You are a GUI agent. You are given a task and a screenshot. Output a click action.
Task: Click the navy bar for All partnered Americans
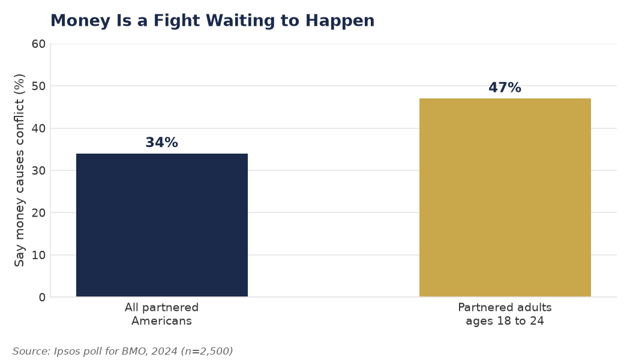click(162, 225)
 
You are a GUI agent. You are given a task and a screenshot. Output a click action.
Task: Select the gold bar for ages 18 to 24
click(505, 197)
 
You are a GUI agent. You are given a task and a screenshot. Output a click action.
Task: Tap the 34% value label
click(161, 142)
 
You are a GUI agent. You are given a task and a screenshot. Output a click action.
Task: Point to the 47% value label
click(505, 87)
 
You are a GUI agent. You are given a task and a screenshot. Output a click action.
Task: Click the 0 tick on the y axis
click(42, 298)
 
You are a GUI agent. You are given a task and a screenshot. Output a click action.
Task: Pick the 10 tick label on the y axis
click(39, 255)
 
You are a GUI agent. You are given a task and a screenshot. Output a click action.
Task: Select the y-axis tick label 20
click(39, 213)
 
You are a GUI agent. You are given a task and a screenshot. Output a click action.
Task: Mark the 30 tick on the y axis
click(39, 171)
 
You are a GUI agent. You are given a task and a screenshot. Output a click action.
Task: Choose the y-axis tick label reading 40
click(39, 128)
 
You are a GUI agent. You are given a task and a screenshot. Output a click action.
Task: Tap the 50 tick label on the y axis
click(39, 86)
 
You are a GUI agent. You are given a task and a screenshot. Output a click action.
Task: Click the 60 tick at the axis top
click(39, 44)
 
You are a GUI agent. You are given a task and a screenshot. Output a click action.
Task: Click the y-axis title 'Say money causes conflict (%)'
click(19, 170)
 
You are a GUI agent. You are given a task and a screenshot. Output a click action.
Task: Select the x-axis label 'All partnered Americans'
click(161, 314)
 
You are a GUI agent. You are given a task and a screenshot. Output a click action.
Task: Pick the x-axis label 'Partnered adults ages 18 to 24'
click(505, 314)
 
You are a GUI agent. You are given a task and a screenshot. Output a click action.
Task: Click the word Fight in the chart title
click(176, 21)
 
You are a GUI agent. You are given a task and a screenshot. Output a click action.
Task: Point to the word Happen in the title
click(340, 21)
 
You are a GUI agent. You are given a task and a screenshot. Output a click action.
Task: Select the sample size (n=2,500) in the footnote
click(207, 351)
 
